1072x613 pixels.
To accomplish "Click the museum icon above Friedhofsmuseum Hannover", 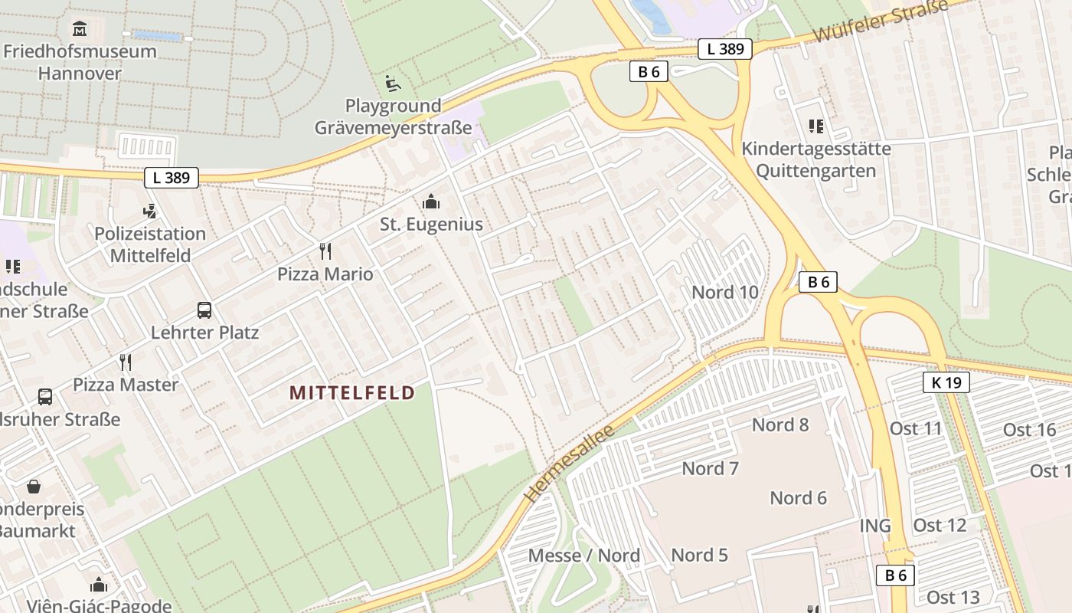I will tap(80, 29).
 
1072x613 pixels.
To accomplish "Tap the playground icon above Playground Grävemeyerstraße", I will tap(393, 83).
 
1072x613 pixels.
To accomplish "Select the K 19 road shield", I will tap(946, 382).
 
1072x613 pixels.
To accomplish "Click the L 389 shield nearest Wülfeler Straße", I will tap(725, 49).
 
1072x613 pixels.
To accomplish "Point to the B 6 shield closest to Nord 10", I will tap(818, 282).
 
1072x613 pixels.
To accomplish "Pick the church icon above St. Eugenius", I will tap(431, 202).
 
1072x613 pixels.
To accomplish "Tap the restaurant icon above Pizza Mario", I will tap(325, 251).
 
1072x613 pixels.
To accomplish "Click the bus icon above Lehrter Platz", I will tap(204, 310).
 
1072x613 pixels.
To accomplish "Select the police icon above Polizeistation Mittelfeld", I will tap(150, 211).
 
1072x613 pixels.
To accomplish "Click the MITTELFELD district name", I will tap(352, 393).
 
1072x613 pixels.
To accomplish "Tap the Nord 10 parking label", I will tap(724, 292).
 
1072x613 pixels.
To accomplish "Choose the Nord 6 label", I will tap(798, 498).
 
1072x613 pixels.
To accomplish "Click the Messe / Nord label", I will tap(584, 556).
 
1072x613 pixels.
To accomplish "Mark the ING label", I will tap(875, 526).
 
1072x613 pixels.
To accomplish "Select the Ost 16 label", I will tap(1029, 430).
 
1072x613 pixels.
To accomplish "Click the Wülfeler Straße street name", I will tap(881, 21).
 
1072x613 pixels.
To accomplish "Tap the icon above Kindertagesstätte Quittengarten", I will tap(815, 126).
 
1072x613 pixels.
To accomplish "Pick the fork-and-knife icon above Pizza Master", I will tap(126, 362).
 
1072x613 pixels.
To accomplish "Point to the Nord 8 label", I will tap(780, 425).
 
